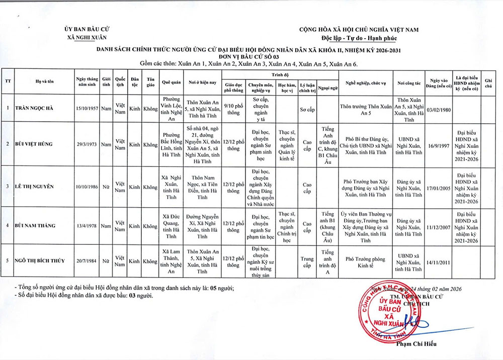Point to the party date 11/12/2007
click(x=438, y=226)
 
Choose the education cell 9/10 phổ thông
click(x=233, y=108)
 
